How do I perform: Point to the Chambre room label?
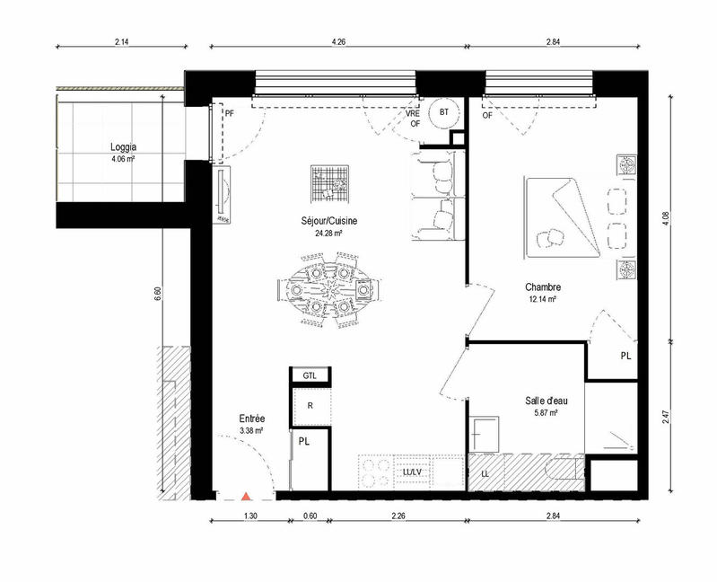tap(544, 287)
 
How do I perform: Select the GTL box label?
tap(310, 375)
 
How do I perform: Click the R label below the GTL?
tap(310, 405)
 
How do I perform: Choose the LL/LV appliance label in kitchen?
tap(414, 472)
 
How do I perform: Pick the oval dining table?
tap(329, 290)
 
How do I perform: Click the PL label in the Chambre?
tap(625, 357)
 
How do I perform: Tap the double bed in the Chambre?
tap(563, 216)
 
